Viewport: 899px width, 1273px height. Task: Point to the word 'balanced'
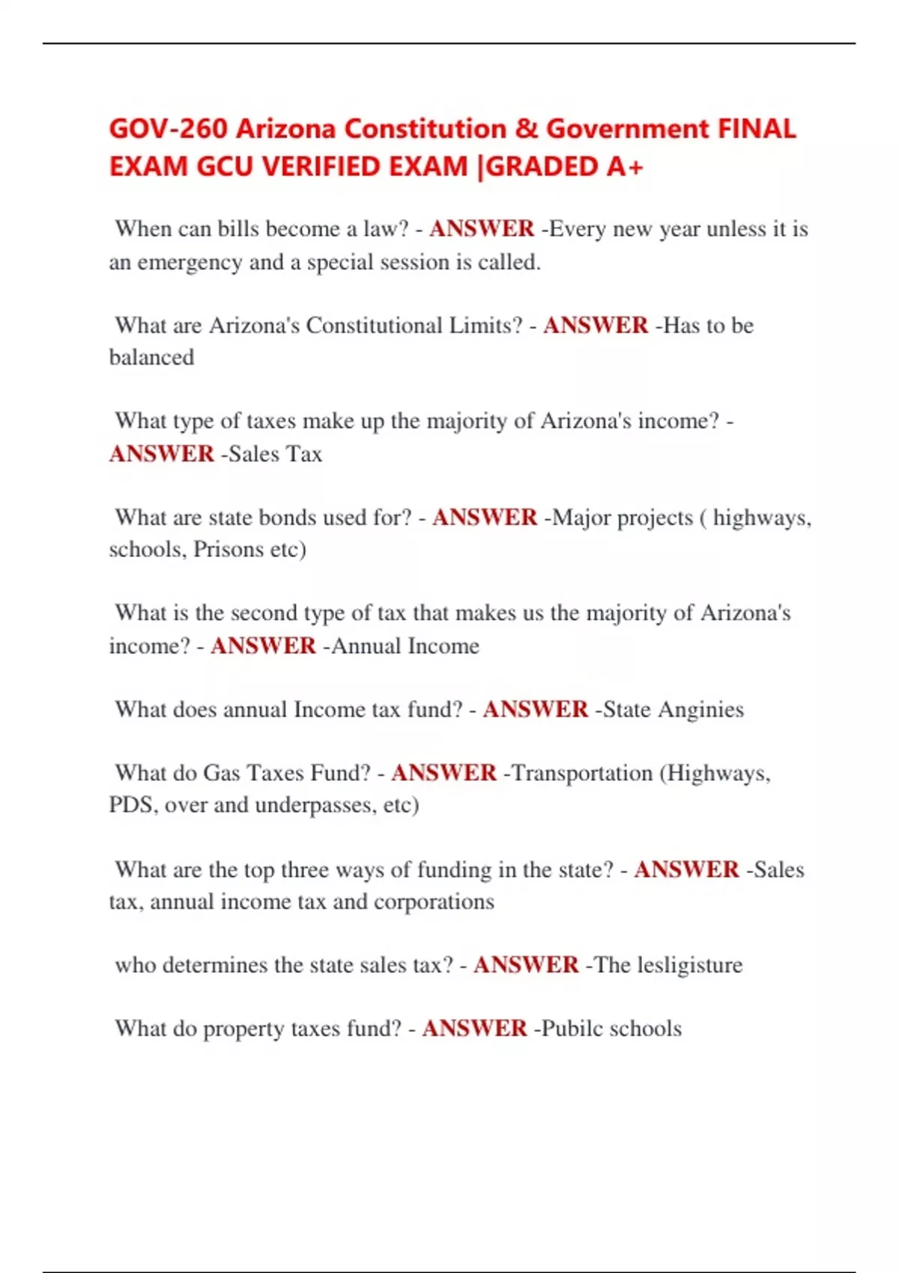[x=151, y=357]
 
